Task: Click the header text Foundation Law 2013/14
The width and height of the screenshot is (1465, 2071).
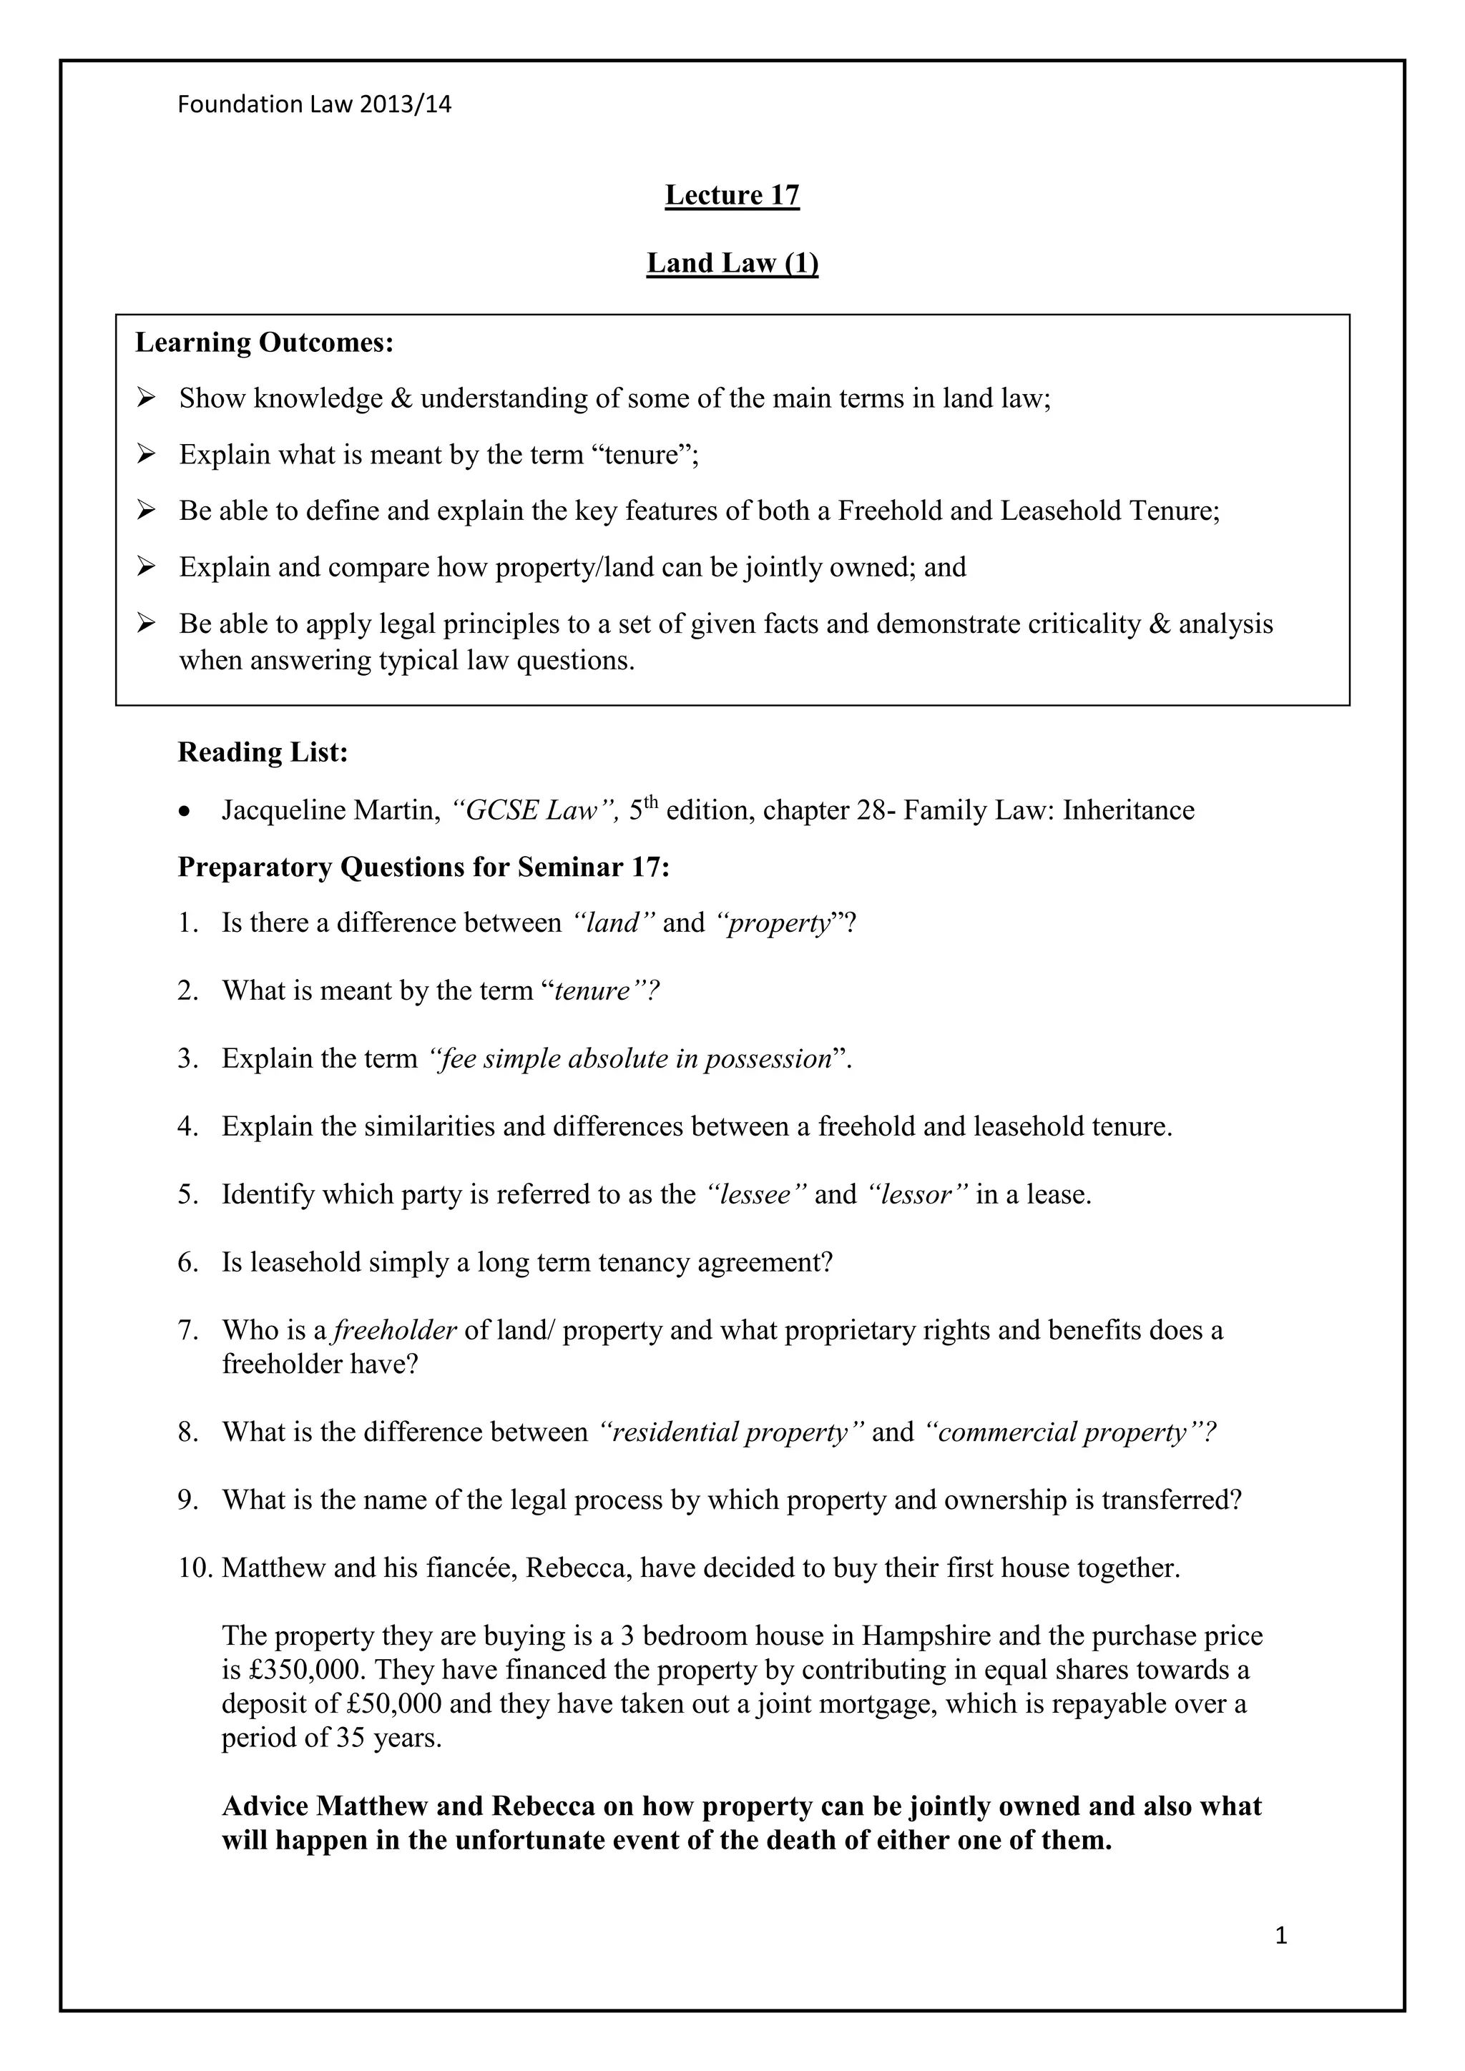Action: pyautogui.click(x=314, y=104)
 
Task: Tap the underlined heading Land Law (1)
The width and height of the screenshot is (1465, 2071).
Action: pyautogui.click(x=732, y=262)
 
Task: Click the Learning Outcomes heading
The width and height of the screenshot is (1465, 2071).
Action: pyautogui.click(x=264, y=343)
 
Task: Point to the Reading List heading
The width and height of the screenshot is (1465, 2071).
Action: pyautogui.click(x=263, y=752)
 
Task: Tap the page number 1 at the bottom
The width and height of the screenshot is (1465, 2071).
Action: pyautogui.click(x=1281, y=1960)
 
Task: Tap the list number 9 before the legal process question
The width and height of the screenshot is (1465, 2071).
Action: pyautogui.click(x=187, y=1500)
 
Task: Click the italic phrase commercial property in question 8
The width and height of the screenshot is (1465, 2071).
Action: pyautogui.click(x=1069, y=1432)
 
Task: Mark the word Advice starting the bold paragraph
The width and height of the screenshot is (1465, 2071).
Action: pyautogui.click(x=265, y=1806)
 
